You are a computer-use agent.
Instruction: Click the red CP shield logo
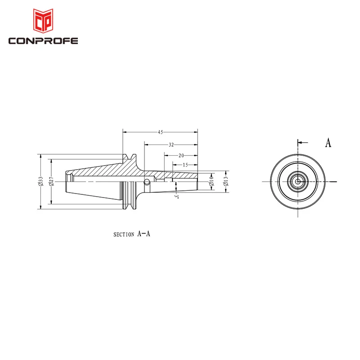pos(43,21)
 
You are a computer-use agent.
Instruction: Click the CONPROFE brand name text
pos(43,41)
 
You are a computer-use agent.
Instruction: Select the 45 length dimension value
pos(160,132)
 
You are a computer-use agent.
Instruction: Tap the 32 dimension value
pos(171,144)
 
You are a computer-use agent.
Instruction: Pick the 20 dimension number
pos(181,155)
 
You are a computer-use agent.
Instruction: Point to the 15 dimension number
pos(185,165)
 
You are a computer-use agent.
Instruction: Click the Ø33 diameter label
pos(40,181)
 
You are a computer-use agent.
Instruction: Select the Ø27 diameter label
pos(51,181)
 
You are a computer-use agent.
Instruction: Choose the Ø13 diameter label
pos(226,181)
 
